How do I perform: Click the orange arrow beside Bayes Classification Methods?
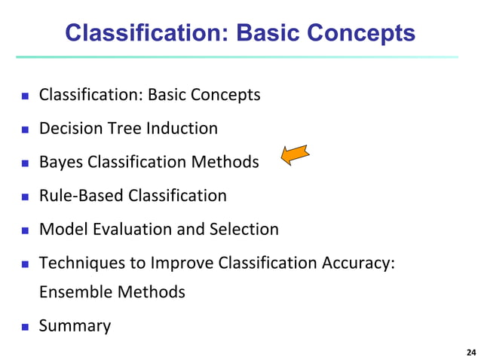(x=296, y=155)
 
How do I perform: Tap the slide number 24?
(x=471, y=352)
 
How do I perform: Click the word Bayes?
(x=61, y=163)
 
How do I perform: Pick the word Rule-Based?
(x=81, y=196)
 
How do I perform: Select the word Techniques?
(x=78, y=263)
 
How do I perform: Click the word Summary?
(x=75, y=326)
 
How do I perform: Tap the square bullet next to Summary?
(x=24, y=327)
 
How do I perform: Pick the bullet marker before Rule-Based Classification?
(x=24, y=197)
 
